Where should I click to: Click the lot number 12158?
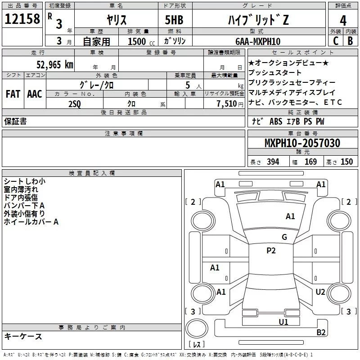pyautogui.click(x=22, y=19)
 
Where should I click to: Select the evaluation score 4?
pyautogui.click(x=343, y=20)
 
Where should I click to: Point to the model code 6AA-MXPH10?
pyautogui.click(x=257, y=41)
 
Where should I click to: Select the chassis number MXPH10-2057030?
pyautogui.click(x=302, y=143)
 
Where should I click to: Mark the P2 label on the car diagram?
pyautogui.click(x=271, y=251)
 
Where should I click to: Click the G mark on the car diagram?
pyautogui.click(x=284, y=237)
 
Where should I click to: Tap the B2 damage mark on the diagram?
pyautogui.click(x=321, y=333)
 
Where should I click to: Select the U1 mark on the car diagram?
pyautogui.click(x=283, y=322)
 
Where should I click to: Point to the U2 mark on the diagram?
pyautogui.click(x=320, y=292)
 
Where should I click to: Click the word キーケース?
pyautogui.click(x=23, y=336)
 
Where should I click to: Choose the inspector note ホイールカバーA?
pyautogui.click(x=31, y=222)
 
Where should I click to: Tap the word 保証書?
pyautogui.click(x=15, y=121)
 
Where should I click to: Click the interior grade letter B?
pyautogui.click(x=350, y=41)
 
